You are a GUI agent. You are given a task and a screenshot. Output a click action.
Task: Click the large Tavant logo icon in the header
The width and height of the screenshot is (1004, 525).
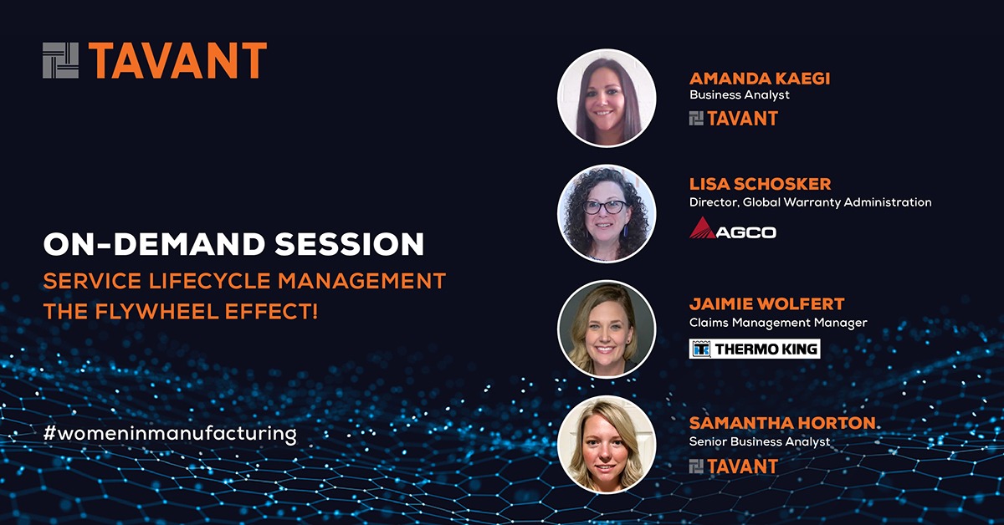pyautogui.click(x=61, y=60)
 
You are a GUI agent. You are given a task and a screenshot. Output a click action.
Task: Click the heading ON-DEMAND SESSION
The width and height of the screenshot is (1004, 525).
pyautogui.click(x=233, y=244)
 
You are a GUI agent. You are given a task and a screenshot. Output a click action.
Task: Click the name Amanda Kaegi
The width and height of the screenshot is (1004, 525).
pyautogui.click(x=760, y=79)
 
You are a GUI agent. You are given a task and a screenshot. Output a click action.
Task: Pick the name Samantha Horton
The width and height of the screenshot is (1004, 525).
pyautogui.click(x=782, y=424)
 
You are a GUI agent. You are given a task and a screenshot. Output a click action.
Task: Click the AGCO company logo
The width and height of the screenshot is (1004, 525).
pyautogui.click(x=732, y=228)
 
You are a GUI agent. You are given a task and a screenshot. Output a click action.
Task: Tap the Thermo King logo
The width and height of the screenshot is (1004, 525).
pyautogui.click(x=754, y=349)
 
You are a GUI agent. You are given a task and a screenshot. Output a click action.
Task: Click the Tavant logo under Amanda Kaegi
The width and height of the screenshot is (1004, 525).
pyautogui.click(x=733, y=119)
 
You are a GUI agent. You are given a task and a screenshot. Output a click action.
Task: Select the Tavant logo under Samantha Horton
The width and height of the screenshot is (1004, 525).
pyautogui.click(x=733, y=466)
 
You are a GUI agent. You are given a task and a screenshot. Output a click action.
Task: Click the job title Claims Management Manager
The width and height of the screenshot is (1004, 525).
pyautogui.click(x=777, y=323)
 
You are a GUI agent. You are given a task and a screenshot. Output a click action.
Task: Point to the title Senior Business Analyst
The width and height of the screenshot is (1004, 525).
pyautogui.click(x=760, y=441)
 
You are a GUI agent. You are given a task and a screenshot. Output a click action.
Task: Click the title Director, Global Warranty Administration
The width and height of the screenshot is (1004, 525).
pyautogui.click(x=810, y=202)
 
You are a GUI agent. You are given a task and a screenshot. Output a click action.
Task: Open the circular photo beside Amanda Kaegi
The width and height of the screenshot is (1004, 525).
pyautogui.click(x=607, y=98)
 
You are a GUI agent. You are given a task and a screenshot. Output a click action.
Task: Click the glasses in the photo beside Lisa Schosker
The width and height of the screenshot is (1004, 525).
pyautogui.click(x=607, y=207)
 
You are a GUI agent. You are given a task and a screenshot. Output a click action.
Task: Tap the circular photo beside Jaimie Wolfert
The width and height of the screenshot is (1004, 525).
pyautogui.click(x=607, y=329)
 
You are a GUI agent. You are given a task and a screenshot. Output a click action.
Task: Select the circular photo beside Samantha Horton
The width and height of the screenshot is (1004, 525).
pyautogui.click(x=607, y=444)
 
